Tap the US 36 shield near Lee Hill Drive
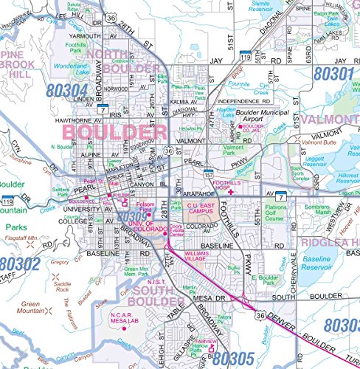(110, 15)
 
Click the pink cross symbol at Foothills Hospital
(231, 192)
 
